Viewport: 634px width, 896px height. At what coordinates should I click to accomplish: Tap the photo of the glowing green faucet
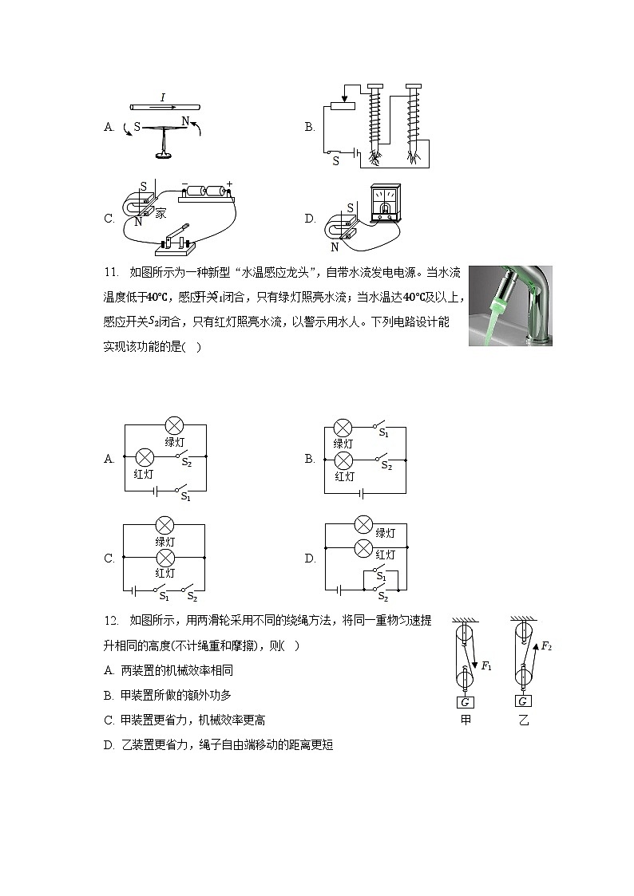coord(510,306)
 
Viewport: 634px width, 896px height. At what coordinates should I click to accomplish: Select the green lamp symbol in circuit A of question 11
coord(175,425)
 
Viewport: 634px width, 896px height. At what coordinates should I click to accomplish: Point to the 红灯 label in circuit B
coord(344,476)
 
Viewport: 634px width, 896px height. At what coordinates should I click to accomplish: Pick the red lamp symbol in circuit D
coord(363,548)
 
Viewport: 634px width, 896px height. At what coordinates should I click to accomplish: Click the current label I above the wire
coord(163,97)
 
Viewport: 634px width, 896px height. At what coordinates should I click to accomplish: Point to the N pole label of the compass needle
coord(185,121)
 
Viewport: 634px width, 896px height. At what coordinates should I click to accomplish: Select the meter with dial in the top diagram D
coord(386,203)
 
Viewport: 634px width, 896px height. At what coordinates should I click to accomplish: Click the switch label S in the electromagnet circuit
coord(335,160)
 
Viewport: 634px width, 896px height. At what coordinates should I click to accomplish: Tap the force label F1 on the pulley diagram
coord(485,665)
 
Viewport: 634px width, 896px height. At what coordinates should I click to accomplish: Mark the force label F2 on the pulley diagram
coord(546,646)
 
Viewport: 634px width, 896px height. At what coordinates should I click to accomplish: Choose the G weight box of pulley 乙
coord(523,702)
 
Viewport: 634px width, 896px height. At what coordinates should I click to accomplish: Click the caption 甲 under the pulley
coord(466,720)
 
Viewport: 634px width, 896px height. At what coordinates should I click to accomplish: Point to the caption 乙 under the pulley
coord(524,720)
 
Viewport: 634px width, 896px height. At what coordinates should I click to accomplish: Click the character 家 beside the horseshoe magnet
coord(160,213)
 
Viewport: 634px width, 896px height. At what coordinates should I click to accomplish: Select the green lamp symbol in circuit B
coord(343,428)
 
